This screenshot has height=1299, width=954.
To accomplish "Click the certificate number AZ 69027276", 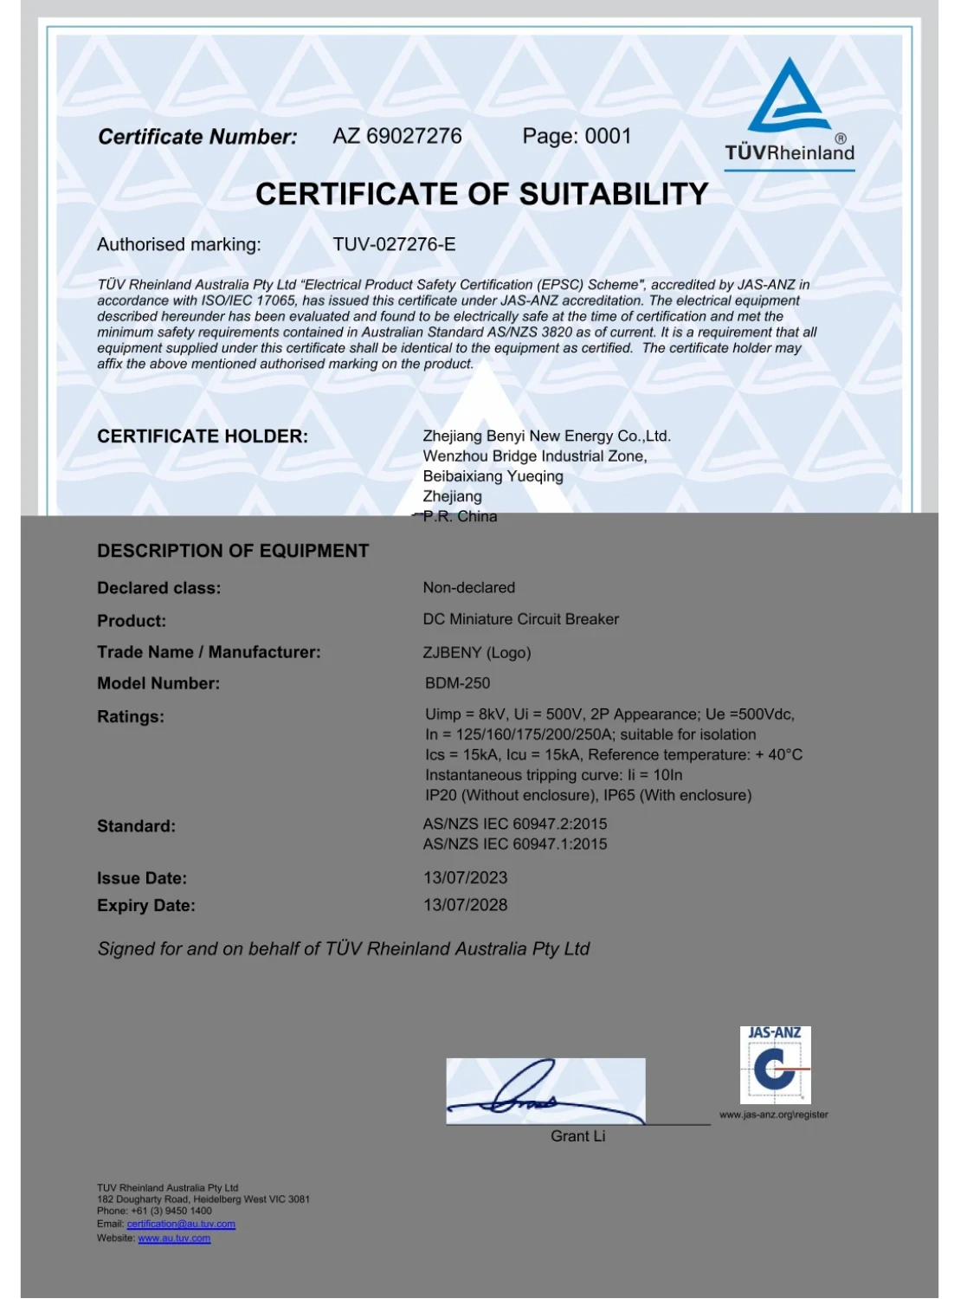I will (x=397, y=136).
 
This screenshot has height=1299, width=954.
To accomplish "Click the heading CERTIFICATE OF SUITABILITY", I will (x=481, y=194).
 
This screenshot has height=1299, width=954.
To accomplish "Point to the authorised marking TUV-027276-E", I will (x=394, y=244).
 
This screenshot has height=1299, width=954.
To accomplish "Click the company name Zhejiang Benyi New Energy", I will (x=546, y=436).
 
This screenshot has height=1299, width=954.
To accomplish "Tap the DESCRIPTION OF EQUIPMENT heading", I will (x=233, y=551).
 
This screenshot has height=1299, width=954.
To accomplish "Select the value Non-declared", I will (x=468, y=587).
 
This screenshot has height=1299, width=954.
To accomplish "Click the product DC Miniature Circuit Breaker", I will (x=520, y=619).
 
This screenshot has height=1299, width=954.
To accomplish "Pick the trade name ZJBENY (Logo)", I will (x=476, y=652).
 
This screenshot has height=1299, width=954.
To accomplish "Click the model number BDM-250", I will (x=457, y=683).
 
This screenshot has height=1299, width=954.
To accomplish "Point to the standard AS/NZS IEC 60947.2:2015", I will (x=515, y=824).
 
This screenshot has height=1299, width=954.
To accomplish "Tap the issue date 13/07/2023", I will (x=465, y=877).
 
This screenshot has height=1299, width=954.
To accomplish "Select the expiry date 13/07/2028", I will (x=465, y=905).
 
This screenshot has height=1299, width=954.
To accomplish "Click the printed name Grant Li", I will (x=577, y=1136).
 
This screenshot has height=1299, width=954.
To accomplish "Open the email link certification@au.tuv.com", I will (x=181, y=1224).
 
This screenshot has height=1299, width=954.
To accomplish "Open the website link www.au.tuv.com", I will (x=174, y=1238).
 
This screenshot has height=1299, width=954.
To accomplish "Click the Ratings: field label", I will (x=131, y=716).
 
